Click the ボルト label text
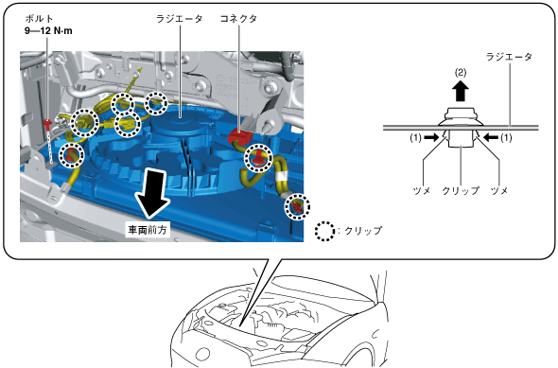coord(39,19)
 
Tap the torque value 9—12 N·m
coord(48,31)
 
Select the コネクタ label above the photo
coord(238,19)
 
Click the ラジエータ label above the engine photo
coord(180,19)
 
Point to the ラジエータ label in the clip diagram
coord(509,57)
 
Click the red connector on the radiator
coord(240,136)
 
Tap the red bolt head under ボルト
coord(47,124)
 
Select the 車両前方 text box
coord(148,230)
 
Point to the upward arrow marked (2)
coord(461,91)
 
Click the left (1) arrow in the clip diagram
coord(431,138)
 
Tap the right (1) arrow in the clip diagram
coord(491,138)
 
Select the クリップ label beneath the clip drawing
coord(461,191)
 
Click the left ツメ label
coord(422,191)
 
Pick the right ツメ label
coord(499,191)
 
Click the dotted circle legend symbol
coord(324,231)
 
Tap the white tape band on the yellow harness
coord(281,176)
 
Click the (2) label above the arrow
coord(461,73)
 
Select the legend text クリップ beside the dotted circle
coord(362,231)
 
